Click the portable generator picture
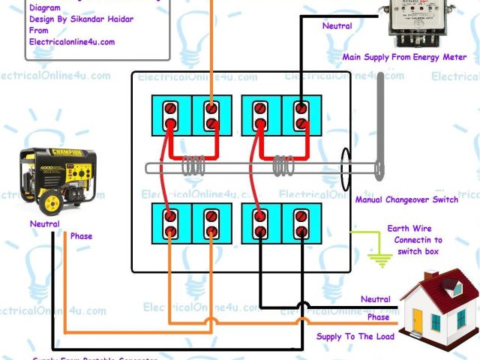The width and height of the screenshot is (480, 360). point(57,178)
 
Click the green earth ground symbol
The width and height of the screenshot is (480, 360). point(382,260)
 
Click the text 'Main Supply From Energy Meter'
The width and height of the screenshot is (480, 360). point(404,57)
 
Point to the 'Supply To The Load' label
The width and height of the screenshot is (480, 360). point(355,337)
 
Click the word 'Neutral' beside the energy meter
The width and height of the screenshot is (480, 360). point(337,26)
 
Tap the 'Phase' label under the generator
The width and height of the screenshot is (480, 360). point(81,236)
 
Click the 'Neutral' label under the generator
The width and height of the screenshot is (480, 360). point(45,223)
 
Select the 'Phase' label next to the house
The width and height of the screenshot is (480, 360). point(378,317)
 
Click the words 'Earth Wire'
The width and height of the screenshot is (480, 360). point(409,228)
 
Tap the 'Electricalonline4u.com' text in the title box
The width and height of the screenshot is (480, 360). point(72,42)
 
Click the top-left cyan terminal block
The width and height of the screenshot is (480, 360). point(172,116)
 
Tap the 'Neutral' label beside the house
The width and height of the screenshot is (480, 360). point(375,299)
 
